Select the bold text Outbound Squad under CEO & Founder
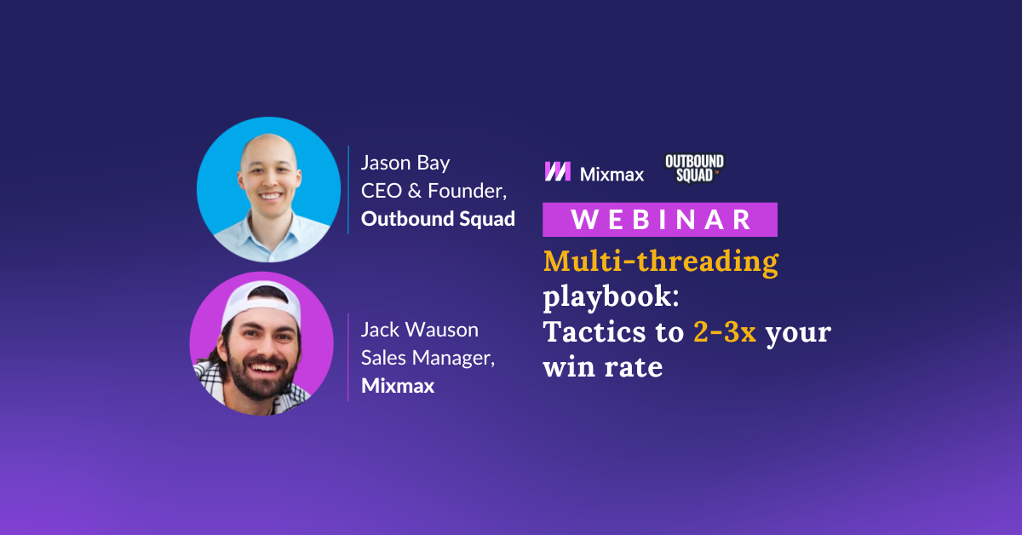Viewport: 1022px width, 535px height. [x=438, y=219]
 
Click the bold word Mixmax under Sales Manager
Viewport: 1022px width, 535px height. [x=398, y=386]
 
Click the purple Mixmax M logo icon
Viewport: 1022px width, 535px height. [x=558, y=171]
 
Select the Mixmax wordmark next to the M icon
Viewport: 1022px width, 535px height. [x=611, y=174]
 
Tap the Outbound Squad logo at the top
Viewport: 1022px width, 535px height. [x=694, y=169]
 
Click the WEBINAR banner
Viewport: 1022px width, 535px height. [x=660, y=220]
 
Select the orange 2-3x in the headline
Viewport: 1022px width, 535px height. [x=724, y=332]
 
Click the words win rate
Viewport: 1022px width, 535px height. [x=603, y=367]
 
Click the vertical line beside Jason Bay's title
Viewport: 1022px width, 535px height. [x=348, y=189]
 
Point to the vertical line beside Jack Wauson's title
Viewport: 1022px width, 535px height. [x=348, y=357]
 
